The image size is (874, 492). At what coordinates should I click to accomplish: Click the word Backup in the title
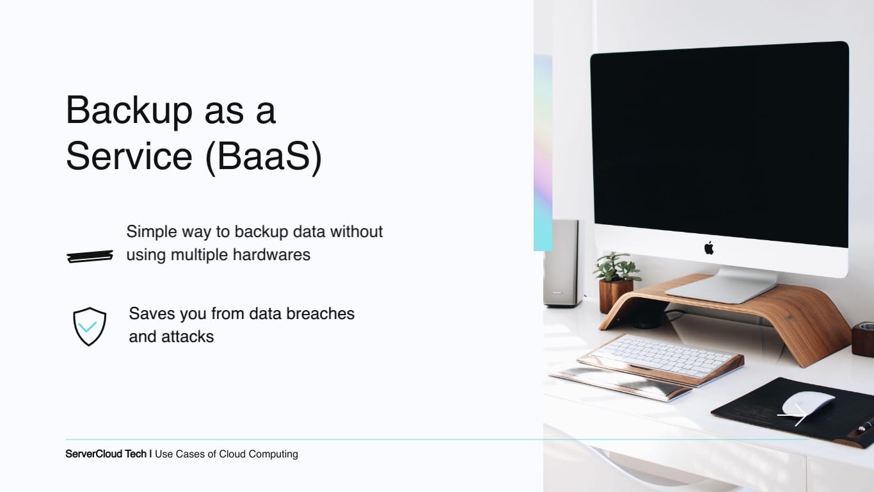[129, 111]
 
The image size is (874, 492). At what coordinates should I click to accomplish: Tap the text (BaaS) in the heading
[264, 157]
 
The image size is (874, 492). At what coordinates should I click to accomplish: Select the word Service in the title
[129, 156]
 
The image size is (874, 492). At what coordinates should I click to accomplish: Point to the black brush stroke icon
[90, 256]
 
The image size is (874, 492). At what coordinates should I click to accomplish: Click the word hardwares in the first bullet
[271, 255]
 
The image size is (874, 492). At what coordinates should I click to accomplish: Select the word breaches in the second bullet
[320, 313]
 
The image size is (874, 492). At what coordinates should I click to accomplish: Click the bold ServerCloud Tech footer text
[106, 454]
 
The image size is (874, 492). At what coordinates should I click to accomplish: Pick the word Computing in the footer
[273, 454]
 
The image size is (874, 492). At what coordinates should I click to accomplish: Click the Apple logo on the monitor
[709, 248]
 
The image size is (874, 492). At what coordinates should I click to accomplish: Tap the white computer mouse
[808, 404]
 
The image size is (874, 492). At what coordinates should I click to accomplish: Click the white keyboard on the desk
[662, 355]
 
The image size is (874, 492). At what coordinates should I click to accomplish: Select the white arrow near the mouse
[792, 414]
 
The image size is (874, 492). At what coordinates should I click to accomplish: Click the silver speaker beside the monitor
[560, 263]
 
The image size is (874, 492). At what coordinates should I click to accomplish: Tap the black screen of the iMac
[720, 145]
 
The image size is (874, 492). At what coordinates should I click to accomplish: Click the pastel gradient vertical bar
[543, 153]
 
